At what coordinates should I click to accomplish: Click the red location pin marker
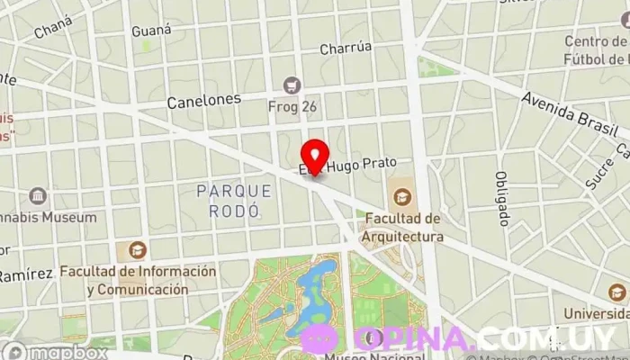[314, 157]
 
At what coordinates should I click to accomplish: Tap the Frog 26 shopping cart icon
[291, 85]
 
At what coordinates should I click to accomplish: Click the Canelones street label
[204, 101]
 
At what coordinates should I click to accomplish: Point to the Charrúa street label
[346, 49]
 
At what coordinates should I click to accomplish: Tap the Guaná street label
[151, 31]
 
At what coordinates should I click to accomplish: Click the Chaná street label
[53, 31]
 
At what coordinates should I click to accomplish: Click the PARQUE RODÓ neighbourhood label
[234, 201]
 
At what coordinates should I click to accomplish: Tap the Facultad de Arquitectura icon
[402, 194]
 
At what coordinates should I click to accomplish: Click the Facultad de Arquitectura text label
[402, 228]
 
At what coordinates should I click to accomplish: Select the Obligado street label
[502, 199]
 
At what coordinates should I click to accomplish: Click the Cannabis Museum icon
[39, 195]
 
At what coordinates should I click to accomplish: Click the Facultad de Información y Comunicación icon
[138, 251]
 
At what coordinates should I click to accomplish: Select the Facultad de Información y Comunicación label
[139, 280]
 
